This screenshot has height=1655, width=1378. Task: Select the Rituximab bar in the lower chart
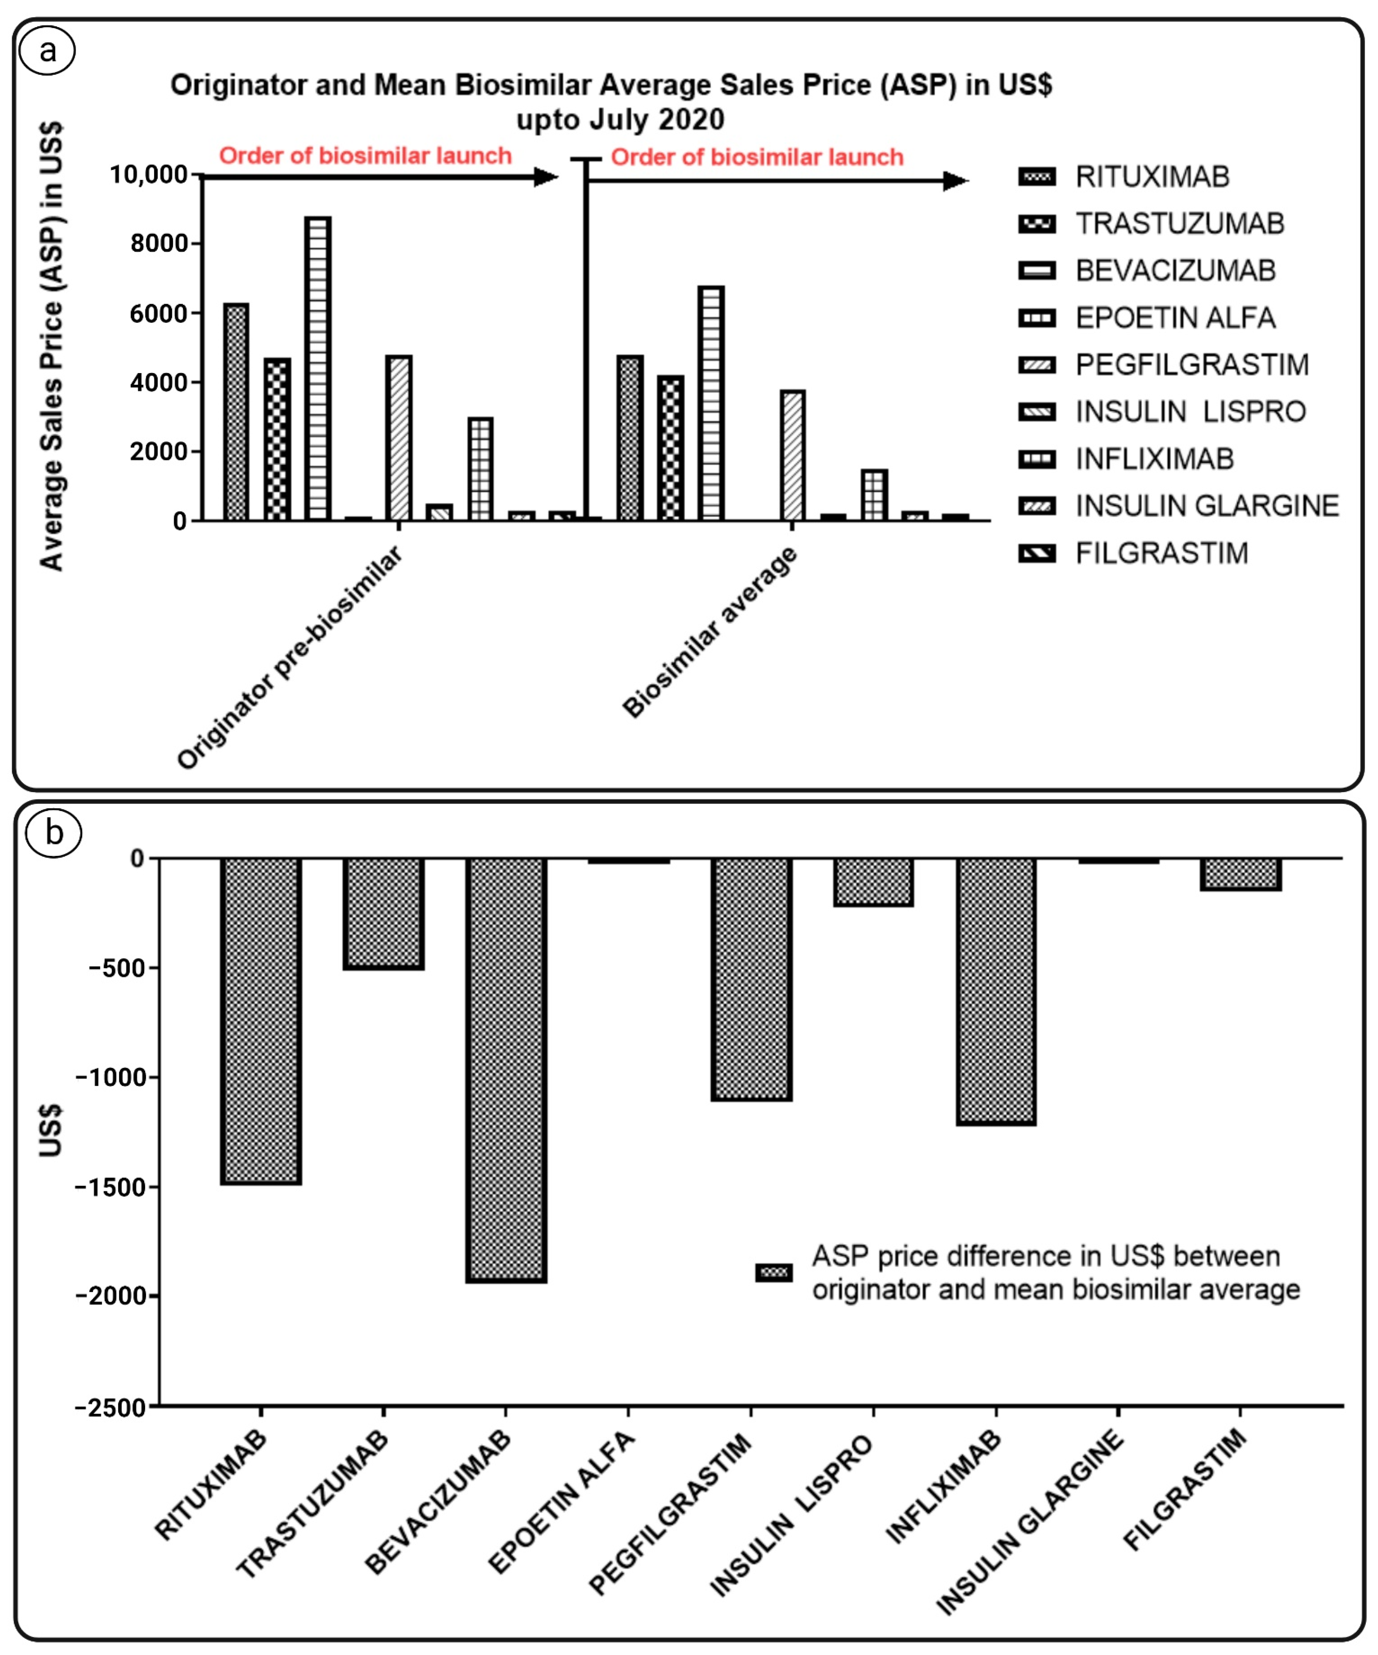[x=261, y=1021]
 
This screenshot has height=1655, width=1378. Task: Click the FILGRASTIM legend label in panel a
[x=1162, y=553]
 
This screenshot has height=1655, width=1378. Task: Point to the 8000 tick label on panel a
[x=159, y=243]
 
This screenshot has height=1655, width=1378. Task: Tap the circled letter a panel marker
[x=48, y=51]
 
